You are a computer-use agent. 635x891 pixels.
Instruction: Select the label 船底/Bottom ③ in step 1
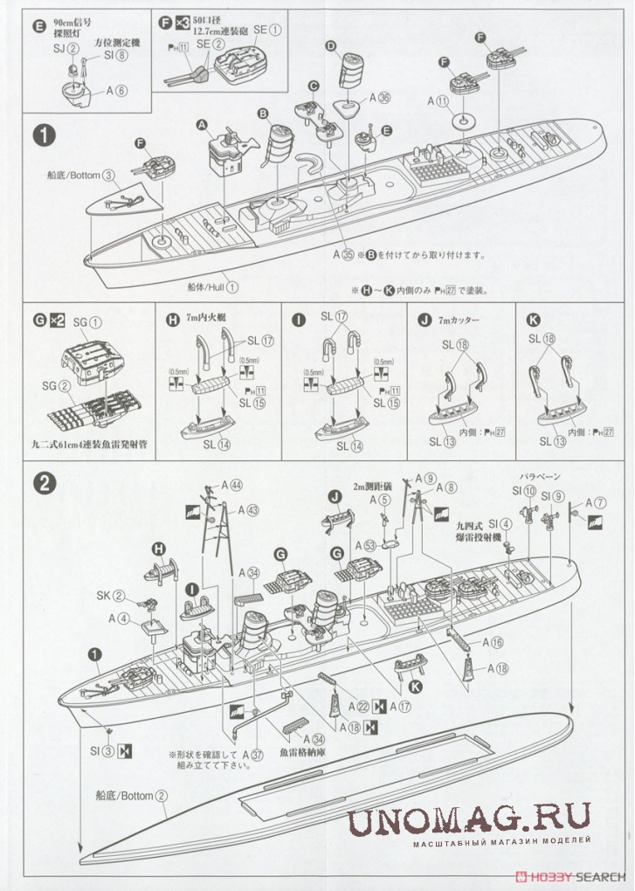(x=81, y=175)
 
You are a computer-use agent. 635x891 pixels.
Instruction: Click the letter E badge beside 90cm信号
(x=37, y=27)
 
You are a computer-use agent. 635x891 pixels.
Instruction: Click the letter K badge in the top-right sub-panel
(x=534, y=318)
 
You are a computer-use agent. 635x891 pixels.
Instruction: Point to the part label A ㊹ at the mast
(x=231, y=485)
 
